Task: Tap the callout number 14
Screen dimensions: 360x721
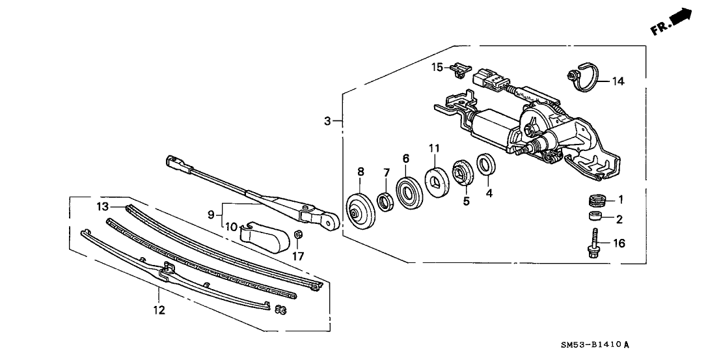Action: pos(618,81)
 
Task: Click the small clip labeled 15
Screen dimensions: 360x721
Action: pos(461,68)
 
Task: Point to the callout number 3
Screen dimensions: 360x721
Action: pos(328,120)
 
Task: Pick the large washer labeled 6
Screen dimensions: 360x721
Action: pos(407,193)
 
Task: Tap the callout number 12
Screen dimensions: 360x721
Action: pos(160,310)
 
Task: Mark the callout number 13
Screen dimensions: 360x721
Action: pos(102,206)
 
